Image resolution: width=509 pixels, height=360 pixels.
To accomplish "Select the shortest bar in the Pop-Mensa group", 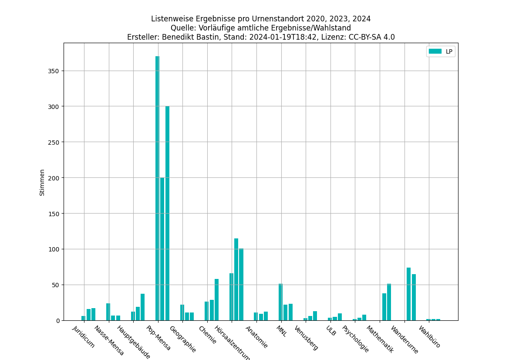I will click(x=162, y=249).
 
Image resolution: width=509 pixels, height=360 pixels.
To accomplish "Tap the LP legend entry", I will click(x=441, y=51).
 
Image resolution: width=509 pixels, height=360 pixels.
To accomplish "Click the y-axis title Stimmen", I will click(x=42, y=182).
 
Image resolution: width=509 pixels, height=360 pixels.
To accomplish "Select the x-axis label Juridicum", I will click(x=84, y=337).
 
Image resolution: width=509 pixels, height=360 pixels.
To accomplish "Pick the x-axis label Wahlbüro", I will click(x=430, y=337).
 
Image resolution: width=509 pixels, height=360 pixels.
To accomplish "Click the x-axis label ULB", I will click(x=331, y=331).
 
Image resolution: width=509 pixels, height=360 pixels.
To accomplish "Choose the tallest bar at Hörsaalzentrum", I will click(x=236, y=279).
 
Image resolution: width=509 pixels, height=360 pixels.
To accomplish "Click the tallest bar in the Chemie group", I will click(x=216, y=299).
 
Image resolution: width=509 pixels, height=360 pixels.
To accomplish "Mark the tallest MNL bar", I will click(x=281, y=302).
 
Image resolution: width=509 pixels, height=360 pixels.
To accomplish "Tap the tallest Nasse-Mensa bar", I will click(x=108, y=312).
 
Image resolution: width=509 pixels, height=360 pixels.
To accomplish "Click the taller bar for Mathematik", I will click(x=389, y=302).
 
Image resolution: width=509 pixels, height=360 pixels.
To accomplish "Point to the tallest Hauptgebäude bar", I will click(x=142, y=307).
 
